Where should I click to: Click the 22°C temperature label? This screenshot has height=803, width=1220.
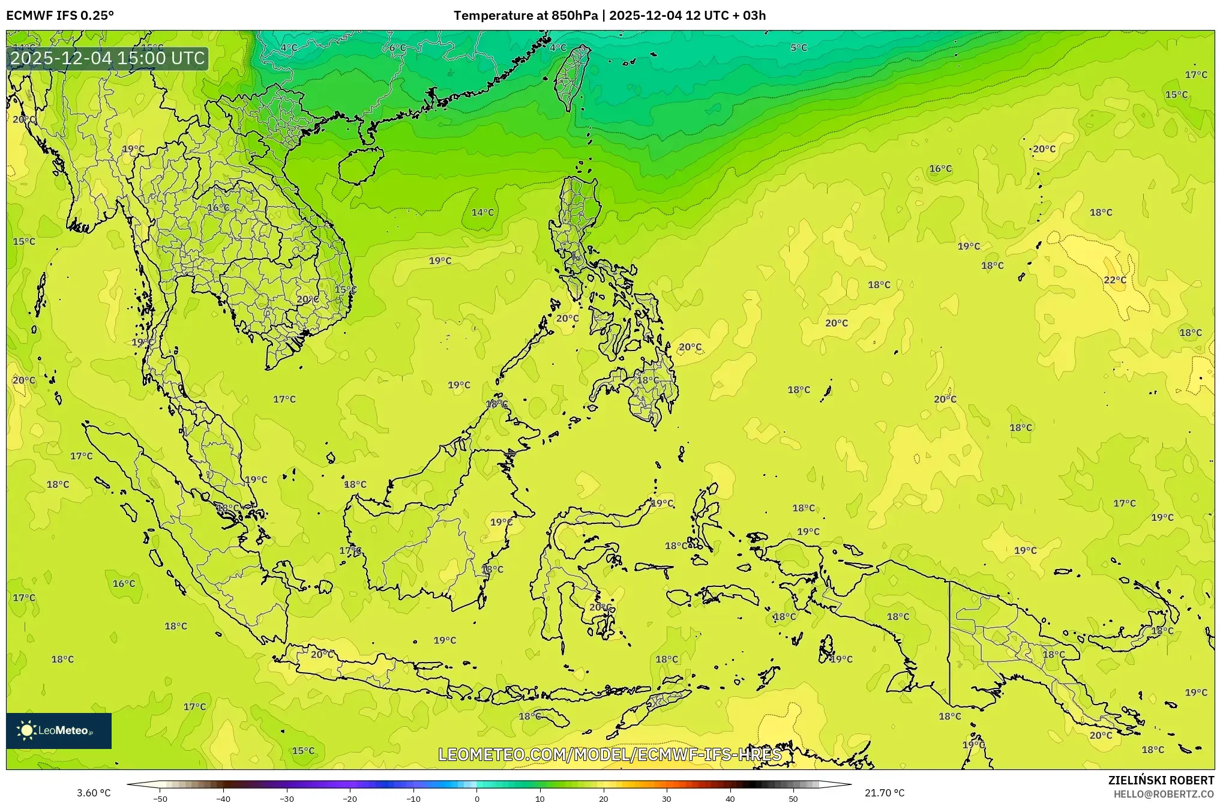pos(1114,280)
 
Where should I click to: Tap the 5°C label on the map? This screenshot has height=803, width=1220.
pos(798,47)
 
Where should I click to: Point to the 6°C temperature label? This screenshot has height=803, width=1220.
pos(397,47)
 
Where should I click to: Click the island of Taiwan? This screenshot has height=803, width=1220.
pos(571,77)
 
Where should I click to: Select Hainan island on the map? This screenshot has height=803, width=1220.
pos(359,165)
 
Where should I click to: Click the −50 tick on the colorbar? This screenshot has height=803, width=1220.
pos(160,798)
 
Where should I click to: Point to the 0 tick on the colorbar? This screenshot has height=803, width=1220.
pos(477,798)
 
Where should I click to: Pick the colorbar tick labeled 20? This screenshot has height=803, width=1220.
pos(603,798)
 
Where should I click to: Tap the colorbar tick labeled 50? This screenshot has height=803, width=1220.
pos(793,798)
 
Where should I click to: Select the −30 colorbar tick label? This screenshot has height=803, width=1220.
pos(287,798)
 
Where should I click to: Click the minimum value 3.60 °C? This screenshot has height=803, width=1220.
pos(94,793)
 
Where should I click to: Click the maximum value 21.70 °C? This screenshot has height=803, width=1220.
pos(884,793)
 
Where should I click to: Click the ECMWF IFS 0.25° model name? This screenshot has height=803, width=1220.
pos(60,16)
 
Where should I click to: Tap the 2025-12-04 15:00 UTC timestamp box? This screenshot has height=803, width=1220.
pos(108,58)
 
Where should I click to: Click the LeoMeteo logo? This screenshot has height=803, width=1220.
pos(59,730)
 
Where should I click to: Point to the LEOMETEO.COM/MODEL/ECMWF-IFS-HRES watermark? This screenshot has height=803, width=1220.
pos(610,754)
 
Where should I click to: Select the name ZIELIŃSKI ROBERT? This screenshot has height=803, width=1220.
pos(1161,780)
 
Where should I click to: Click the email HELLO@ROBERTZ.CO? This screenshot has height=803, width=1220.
pos(1164,794)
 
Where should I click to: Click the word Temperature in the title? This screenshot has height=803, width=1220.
pos(488,16)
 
